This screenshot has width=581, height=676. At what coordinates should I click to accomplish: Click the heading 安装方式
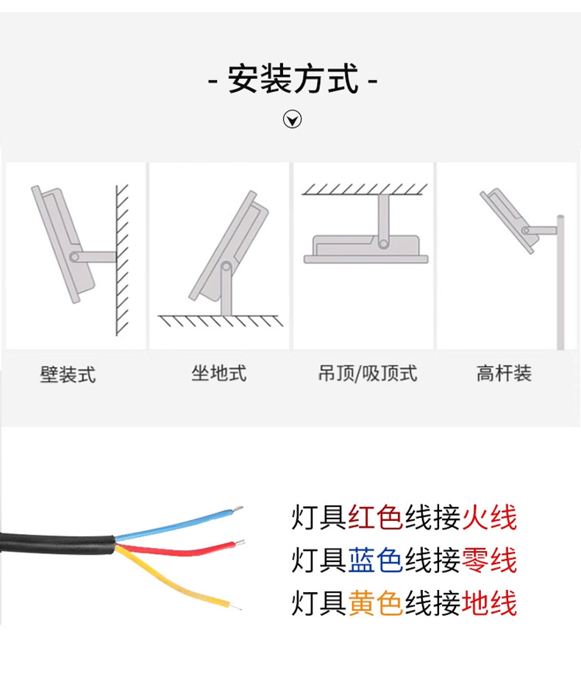[x=293, y=79]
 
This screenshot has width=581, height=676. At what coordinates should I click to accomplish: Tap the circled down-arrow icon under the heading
[x=293, y=119]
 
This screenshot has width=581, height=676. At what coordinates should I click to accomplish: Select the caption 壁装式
[x=68, y=375]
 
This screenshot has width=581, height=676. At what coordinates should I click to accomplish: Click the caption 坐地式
[x=218, y=374]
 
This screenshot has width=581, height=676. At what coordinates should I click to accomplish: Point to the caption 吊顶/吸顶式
[x=367, y=374]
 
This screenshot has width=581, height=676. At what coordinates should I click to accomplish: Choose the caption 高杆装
[x=504, y=374]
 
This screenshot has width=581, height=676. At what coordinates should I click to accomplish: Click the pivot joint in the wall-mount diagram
[x=75, y=257]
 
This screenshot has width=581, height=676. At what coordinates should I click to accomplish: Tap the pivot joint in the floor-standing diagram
[x=227, y=268]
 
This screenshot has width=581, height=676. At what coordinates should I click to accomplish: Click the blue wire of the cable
[x=177, y=525]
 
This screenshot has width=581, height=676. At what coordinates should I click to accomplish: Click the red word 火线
[x=490, y=518]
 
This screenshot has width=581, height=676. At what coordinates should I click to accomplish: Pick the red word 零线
[x=490, y=561]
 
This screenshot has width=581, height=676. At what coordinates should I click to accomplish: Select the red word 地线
[x=490, y=603]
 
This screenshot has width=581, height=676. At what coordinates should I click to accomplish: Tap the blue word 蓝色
[x=375, y=561]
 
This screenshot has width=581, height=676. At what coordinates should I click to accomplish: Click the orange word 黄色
[x=375, y=603]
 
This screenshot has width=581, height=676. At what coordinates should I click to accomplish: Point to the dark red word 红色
[x=375, y=518]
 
